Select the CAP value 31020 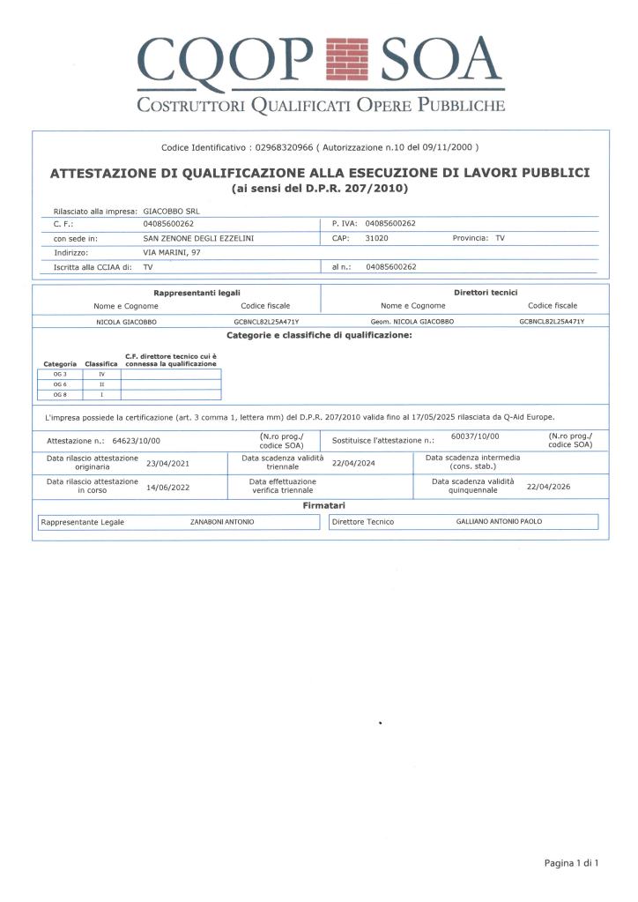[x=377, y=238]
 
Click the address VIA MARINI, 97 [x=173, y=251]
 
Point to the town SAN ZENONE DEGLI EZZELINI [x=198, y=238]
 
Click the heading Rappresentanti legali [x=197, y=292]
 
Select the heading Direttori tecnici [x=485, y=292]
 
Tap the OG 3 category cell [x=60, y=375]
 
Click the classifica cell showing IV [x=101, y=375]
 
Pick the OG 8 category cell [x=60, y=394]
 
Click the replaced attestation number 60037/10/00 [x=475, y=436]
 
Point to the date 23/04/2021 [x=167, y=462]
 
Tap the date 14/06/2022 [x=167, y=486]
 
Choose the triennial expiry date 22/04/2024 [x=353, y=462]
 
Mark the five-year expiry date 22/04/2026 [x=548, y=486]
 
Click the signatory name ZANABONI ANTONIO [x=222, y=522]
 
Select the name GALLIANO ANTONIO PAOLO [x=499, y=522]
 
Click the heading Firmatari [x=320, y=506]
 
